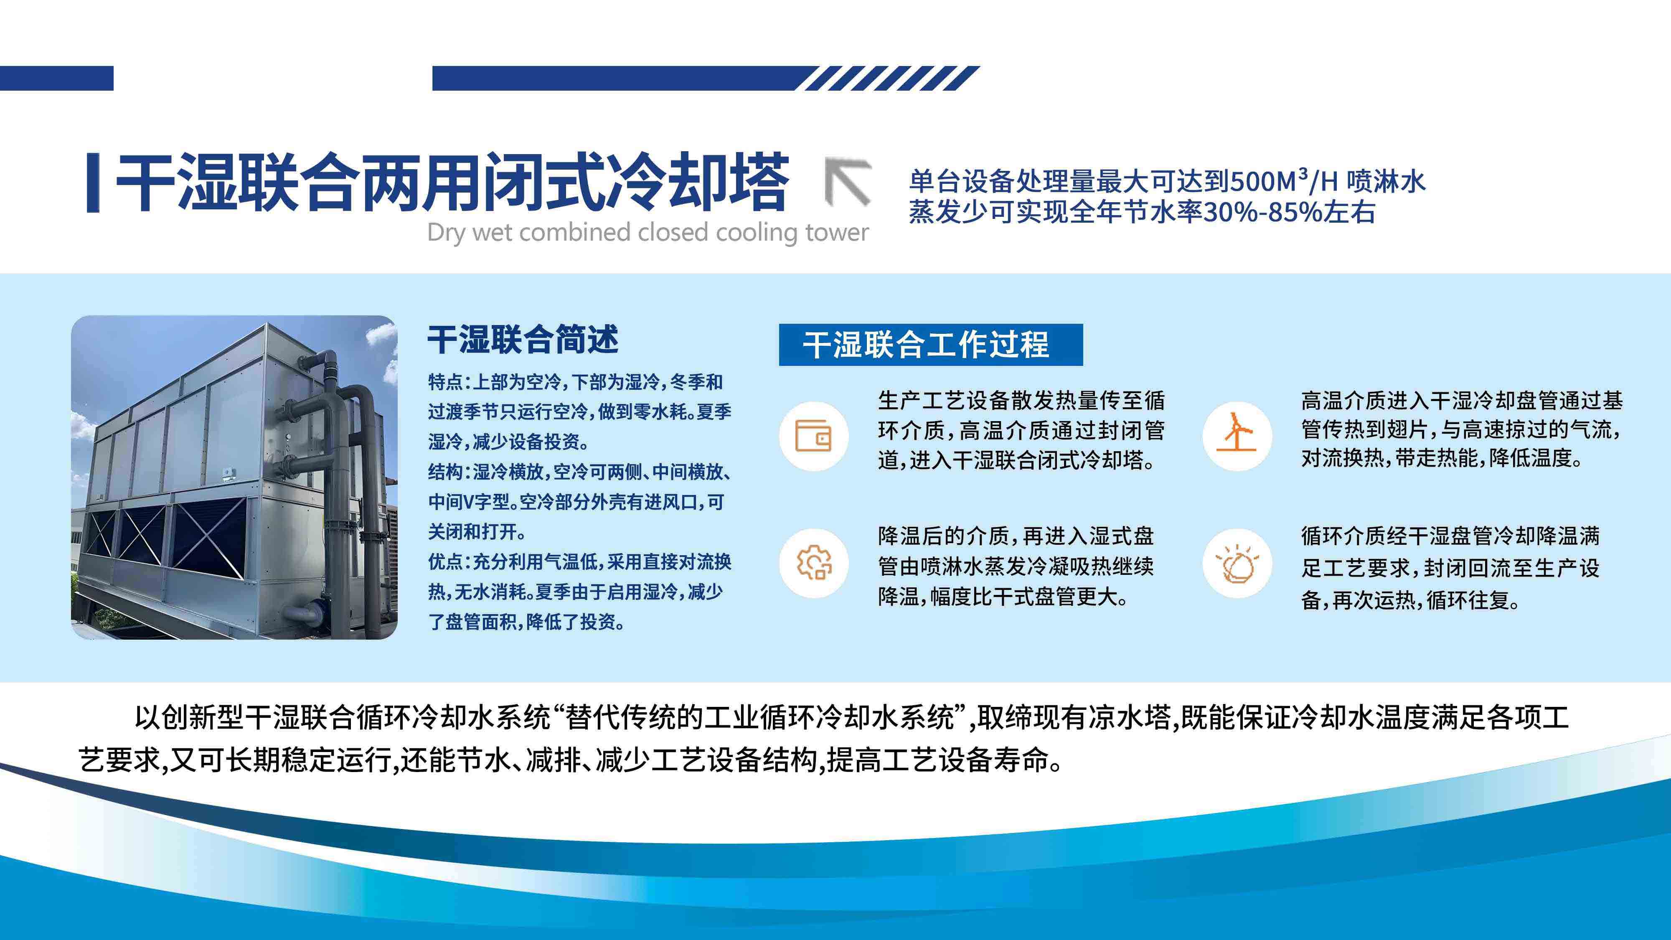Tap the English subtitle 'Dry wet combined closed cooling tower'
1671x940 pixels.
(648, 232)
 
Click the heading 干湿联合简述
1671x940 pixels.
(523, 339)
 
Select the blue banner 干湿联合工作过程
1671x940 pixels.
(930, 345)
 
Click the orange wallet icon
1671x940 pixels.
(813, 436)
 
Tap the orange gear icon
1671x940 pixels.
(813, 562)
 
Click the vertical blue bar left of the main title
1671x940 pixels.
(93, 182)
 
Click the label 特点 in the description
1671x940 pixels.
(445, 382)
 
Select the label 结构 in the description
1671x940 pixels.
(445, 472)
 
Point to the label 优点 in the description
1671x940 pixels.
(445, 562)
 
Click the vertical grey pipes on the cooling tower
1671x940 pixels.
(353, 493)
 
